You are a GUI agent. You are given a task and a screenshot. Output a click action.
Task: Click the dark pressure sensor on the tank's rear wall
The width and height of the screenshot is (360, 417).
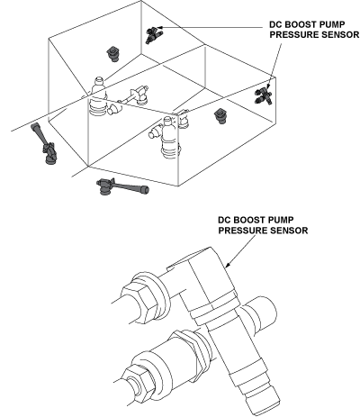coord(154,34)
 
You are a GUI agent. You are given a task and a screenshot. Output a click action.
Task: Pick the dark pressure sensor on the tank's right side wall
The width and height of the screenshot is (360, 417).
coord(264,95)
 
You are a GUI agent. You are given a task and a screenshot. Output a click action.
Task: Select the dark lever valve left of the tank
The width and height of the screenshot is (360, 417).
coord(44,144)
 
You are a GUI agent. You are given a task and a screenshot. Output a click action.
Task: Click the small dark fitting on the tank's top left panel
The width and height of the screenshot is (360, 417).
coord(112,54)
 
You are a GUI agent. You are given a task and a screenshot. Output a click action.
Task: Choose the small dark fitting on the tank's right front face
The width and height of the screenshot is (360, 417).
coord(220,116)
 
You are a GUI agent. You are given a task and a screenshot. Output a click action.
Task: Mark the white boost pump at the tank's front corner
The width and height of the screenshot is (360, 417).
coord(168,137)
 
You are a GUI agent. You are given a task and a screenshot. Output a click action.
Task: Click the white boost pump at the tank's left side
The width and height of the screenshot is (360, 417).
coord(98,96)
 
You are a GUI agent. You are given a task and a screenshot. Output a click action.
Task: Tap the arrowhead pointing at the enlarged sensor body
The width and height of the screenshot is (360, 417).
coord(228,265)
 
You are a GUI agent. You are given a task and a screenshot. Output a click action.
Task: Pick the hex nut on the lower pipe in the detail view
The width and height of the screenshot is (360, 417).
coord(137,384)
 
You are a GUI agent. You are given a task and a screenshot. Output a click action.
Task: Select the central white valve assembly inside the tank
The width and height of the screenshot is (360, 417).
coord(132,96)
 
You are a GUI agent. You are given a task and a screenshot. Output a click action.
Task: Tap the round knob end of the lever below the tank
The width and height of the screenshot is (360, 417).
coord(146,189)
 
